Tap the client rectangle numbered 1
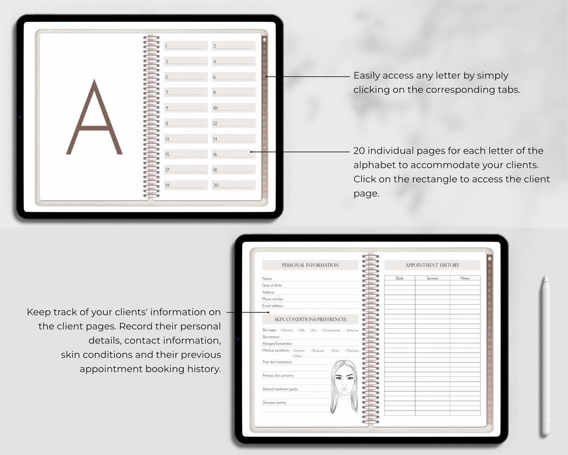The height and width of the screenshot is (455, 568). [x=185, y=46]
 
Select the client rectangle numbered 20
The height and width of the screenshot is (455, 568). [x=233, y=185]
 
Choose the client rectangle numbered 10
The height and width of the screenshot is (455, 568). [x=233, y=108]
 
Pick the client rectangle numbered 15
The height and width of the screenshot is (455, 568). [x=185, y=154]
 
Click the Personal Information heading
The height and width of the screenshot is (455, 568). [x=310, y=265]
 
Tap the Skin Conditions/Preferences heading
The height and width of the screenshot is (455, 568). [x=310, y=319]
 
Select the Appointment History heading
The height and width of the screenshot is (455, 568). [x=432, y=265]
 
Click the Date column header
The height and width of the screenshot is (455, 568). [x=400, y=278]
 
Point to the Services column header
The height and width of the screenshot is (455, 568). [x=432, y=278]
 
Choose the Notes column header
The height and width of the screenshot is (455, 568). [x=465, y=278]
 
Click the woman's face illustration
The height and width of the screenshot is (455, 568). [x=344, y=384]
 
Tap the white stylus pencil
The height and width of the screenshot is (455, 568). [x=546, y=354]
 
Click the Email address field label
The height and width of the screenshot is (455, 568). [x=273, y=305]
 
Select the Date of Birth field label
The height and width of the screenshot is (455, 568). [x=272, y=285]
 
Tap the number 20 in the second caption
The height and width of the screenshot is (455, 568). [x=359, y=151]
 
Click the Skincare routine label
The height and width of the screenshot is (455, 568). [x=274, y=403]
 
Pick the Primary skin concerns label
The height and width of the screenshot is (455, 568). [x=278, y=376]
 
